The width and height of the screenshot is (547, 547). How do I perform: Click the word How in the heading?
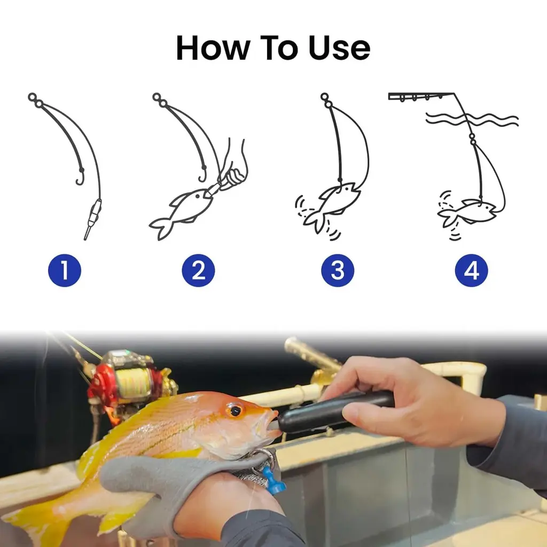click(x=213, y=48)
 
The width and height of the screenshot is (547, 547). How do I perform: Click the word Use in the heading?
click(x=339, y=48)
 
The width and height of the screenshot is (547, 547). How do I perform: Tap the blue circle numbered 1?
click(x=65, y=270)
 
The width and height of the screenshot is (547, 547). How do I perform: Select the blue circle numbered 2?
click(x=198, y=270)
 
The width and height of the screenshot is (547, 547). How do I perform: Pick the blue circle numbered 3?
click(x=338, y=270)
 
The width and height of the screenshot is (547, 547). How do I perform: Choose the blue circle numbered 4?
click(x=472, y=270)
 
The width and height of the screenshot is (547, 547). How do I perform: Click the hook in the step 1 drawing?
click(x=80, y=177)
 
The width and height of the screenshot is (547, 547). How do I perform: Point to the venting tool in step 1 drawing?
click(x=92, y=218)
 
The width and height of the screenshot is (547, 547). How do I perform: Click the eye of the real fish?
click(x=236, y=411)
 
